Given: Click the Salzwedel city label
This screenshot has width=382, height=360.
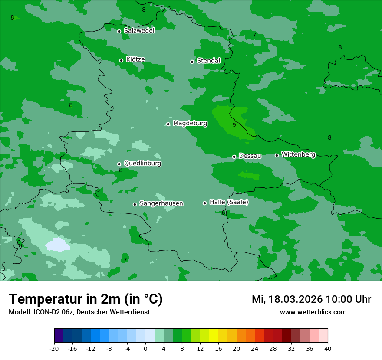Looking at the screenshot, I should [139, 31].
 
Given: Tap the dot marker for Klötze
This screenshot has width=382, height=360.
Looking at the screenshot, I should [122, 60].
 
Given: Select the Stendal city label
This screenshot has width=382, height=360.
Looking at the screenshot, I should [208, 61].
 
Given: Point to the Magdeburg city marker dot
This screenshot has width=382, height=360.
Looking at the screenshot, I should [168, 124].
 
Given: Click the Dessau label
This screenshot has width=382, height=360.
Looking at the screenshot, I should [250, 156].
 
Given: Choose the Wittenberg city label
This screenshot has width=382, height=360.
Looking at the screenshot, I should [298, 154].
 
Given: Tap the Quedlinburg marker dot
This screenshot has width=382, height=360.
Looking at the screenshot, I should [119, 164].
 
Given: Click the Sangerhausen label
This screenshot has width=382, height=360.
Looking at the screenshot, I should [161, 203].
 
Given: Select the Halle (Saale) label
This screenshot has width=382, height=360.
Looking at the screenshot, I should [229, 202].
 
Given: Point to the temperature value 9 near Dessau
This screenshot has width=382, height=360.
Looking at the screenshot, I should [234, 125].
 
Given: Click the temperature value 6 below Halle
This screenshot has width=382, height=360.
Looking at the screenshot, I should [223, 213].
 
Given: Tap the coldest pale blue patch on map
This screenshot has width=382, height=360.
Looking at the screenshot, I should [58, 245].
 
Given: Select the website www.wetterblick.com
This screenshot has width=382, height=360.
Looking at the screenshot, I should [313, 312].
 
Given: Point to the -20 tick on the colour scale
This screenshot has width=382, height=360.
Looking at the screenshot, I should [54, 348].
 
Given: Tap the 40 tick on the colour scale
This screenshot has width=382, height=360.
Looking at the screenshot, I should [328, 348].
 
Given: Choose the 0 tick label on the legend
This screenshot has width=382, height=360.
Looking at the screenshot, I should [145, 348].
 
